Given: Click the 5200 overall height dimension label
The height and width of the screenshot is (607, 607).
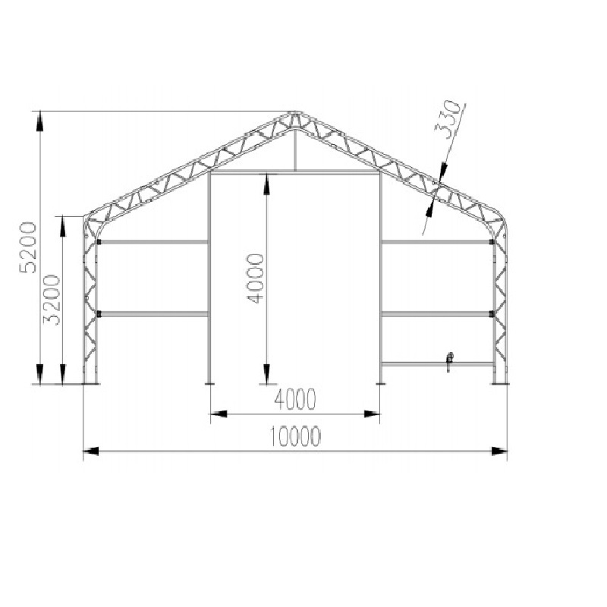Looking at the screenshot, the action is [x=29, y=247].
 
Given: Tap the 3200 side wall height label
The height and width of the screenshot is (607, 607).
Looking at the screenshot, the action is [x=51, y=300].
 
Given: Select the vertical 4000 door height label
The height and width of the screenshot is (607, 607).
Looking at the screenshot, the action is [x=256, y=278].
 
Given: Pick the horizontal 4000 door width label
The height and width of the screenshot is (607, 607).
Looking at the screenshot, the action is [x=295, y=400].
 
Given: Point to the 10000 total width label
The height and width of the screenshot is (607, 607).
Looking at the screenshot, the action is [x=295, y=436].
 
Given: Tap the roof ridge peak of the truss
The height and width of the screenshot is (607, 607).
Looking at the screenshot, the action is [x=296, y=113].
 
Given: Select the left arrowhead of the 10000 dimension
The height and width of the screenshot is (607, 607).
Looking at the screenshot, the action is [x=91, y=451].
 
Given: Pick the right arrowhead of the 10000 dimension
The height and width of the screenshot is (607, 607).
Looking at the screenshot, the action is [x=499, y=451].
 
